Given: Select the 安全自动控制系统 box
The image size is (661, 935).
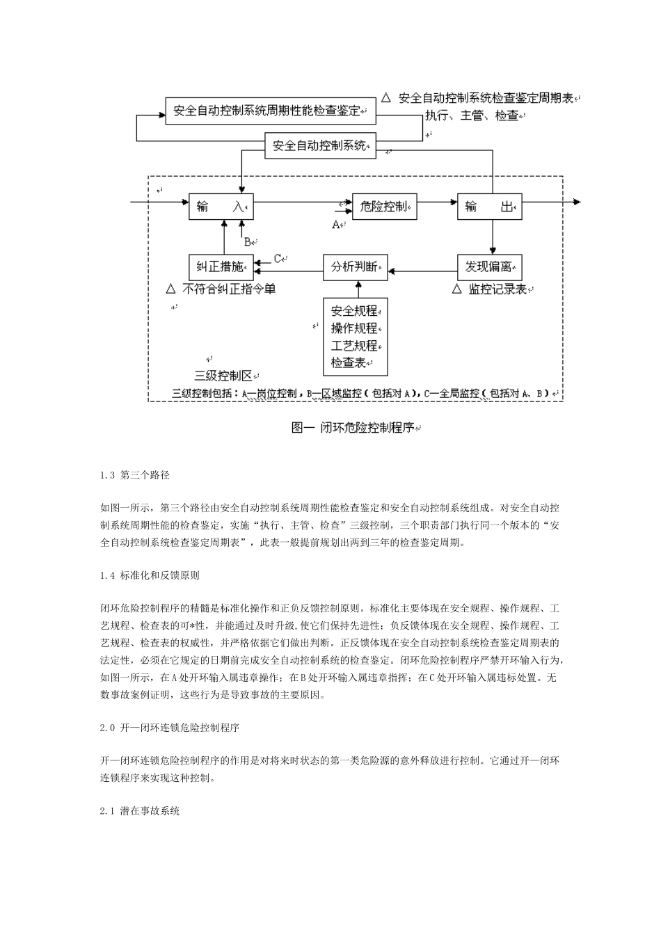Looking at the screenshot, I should pyautogui.click(x=321, y=146).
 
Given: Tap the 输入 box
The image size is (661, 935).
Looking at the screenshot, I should pyautogui.click(x=221, y=207).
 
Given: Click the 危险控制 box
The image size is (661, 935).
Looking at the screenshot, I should pyautogui.click(x=384, y=207).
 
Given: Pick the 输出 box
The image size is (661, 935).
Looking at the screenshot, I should pyautogui.click(x=489, y=207).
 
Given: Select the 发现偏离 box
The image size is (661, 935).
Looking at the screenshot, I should pyautogui.click(x=489, y=267).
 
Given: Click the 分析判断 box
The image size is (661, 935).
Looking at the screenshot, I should pyautogui.click(x=355, y=267).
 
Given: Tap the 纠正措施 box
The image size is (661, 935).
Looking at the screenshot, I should pyautogui.click(x=221, y=267).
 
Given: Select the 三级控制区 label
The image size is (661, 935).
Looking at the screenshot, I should pyautogui.click(x=223, y=376).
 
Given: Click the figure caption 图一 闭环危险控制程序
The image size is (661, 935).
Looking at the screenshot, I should pyautogui.click(x=355, y=428).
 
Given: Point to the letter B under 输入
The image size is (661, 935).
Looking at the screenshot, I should pyautogui.click(x=247, y=242).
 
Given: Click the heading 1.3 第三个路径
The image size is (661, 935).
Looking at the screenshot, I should pyautogui.click(x=135, y=475).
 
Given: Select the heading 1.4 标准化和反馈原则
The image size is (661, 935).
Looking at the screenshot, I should pyautogui.click(x=150, y=575).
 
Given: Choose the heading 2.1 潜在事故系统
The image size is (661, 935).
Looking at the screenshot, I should pyautogui.click(x=140, y=811).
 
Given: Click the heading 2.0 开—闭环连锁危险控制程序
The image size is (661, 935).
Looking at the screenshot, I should pyautogui.click(x=170, y=728).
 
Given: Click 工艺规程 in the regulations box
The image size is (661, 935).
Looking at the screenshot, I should pyautogui.click(x=354, y=346).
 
